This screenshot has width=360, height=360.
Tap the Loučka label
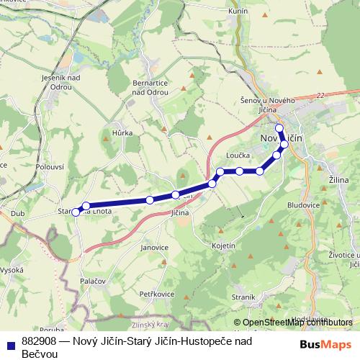pos(238,155)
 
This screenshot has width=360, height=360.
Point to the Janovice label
pos(154,247)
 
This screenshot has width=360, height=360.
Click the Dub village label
pos(18,214)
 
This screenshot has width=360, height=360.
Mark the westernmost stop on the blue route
pos(76,212)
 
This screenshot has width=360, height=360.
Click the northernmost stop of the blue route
pos(279,128)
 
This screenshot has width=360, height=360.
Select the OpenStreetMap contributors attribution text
pos(293,323)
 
